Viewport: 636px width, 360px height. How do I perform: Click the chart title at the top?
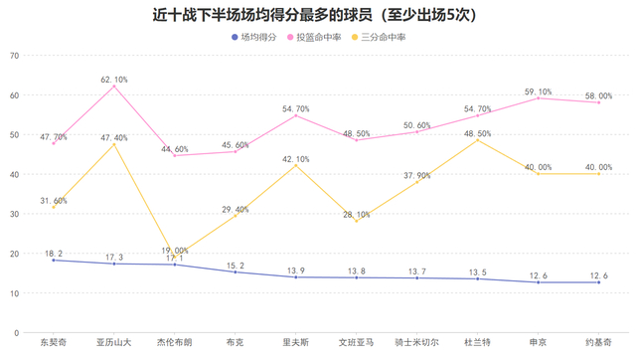coord(318,15)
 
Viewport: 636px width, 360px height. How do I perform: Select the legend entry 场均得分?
coord(255,37)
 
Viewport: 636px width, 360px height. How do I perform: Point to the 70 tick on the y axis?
coord(14,56)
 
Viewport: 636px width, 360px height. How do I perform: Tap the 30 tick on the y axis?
coord(14,214)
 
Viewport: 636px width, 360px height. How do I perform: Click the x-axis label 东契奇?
coord(54,343)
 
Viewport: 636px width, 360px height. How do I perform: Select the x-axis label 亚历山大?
coord(114,343)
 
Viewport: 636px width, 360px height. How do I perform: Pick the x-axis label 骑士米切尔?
coord(416,343)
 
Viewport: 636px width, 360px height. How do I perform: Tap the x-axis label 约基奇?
coord(598,343)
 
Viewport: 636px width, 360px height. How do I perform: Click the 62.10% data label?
coord(114,79)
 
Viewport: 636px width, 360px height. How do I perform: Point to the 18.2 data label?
coord(54,254)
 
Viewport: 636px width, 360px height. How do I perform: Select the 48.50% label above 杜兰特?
coord(477,133)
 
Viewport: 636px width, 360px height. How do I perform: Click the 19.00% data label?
coord(175,251)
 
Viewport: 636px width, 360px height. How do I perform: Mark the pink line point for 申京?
coord(538,98)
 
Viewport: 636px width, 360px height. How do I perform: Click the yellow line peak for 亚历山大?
coord(114,144)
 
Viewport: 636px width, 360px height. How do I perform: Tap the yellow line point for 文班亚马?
coord(356,221)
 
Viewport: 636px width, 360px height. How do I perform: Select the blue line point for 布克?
coord(236,272)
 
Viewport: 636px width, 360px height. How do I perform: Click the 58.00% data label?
coord(598,95)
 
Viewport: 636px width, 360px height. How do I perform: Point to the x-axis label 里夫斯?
coord(296,343)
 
